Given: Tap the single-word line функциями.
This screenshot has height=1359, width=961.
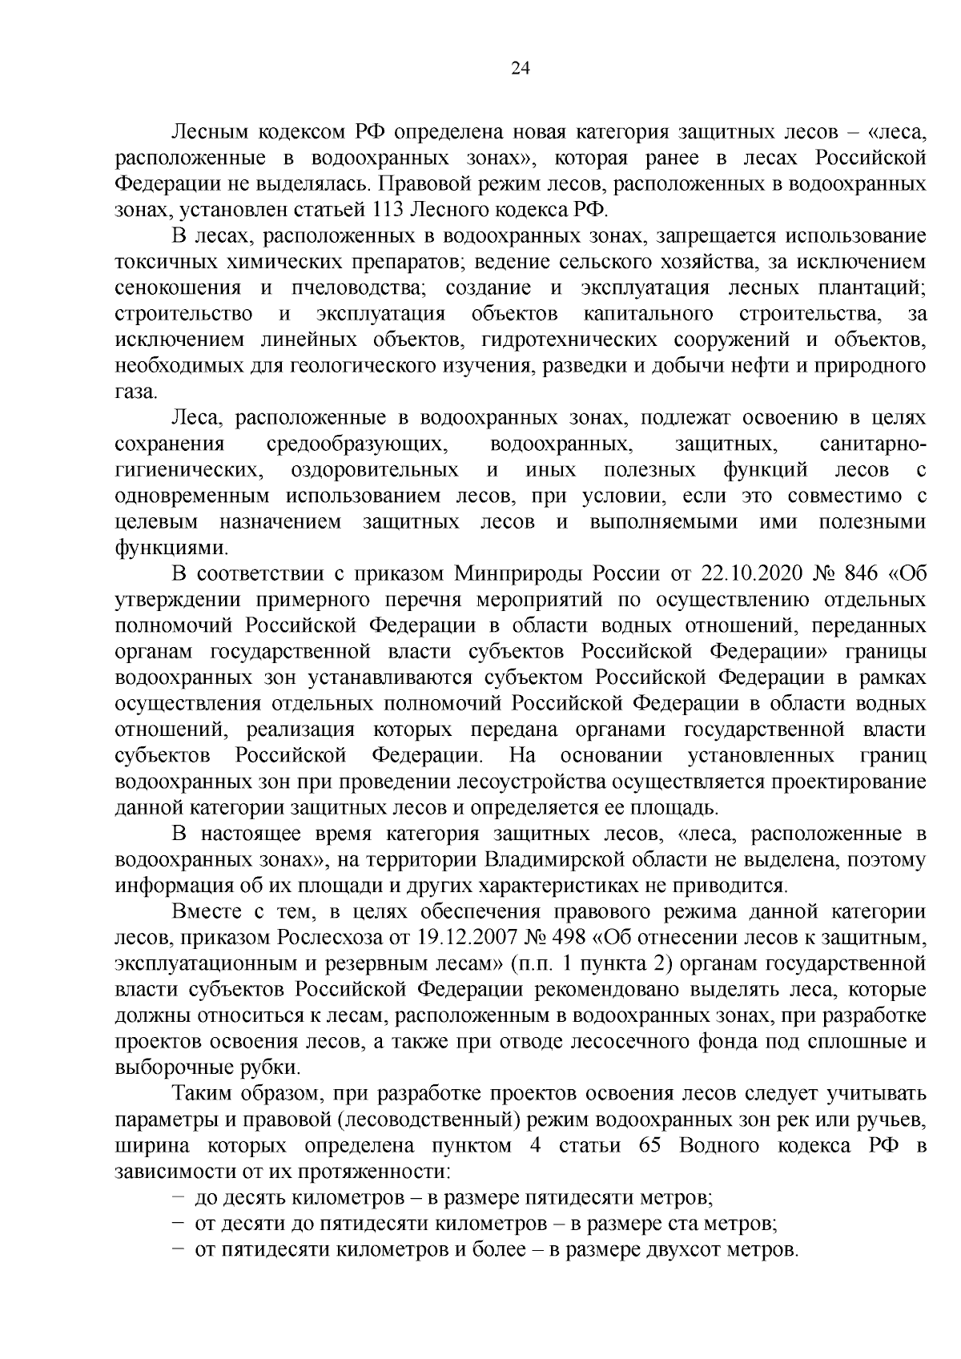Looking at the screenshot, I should coord(171,548).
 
